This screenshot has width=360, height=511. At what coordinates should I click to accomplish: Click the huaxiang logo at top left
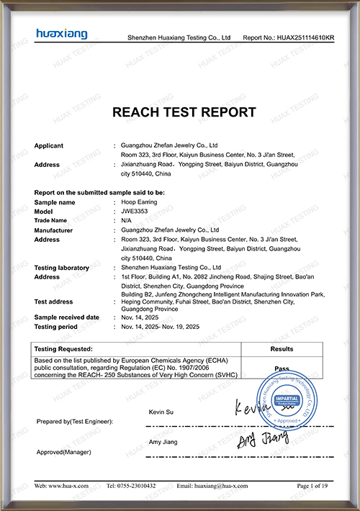[x=61, y=34]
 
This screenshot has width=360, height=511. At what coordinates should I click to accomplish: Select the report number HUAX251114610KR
[x=305, y=37]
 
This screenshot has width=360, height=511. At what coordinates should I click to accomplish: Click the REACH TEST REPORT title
[x=184, y=112]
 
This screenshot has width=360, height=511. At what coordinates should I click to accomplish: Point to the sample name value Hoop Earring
[x=139, y=203]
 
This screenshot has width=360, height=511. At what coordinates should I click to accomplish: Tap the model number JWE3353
[x=135, y=212]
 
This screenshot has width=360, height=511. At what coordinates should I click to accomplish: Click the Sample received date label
[x=67, y=317]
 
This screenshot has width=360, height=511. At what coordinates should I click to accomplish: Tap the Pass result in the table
[x=282, y=368]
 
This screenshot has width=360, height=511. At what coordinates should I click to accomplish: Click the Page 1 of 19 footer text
[x=312, y=486]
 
